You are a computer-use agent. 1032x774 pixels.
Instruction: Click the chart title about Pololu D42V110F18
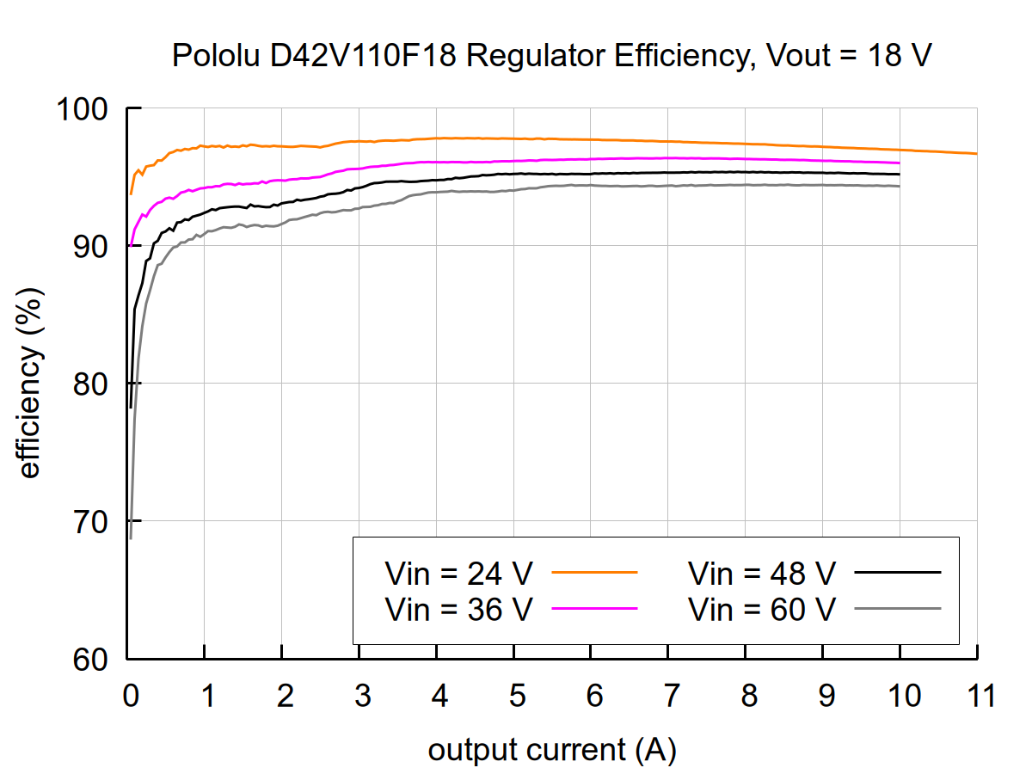coord(552,57)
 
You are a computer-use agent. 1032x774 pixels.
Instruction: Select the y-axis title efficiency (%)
coord(30,384)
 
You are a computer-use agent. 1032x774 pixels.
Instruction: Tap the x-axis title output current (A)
coord(552,750)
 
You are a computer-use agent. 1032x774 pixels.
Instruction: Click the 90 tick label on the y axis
coord(92,247)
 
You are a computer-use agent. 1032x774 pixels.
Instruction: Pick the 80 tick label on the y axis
coord(92,384)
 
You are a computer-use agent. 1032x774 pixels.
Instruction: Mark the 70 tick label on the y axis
coord(92,522)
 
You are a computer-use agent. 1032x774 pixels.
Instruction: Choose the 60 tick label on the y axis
coord(92,660)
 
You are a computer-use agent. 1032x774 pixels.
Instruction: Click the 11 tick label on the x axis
coord(977,696)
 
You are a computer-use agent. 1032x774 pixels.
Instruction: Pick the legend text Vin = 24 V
coord(459,572)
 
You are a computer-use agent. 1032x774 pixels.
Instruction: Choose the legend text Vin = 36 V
coord(459,609)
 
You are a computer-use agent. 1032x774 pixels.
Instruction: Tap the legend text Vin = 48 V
coord(762,572)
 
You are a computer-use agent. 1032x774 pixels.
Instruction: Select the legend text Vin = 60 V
coord(762,609)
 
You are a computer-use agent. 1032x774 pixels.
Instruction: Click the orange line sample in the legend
coord(593,571)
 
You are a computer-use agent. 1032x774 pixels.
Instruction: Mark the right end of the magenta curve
coord(900,163)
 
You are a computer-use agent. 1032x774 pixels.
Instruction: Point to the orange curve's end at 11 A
coord(977,154)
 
